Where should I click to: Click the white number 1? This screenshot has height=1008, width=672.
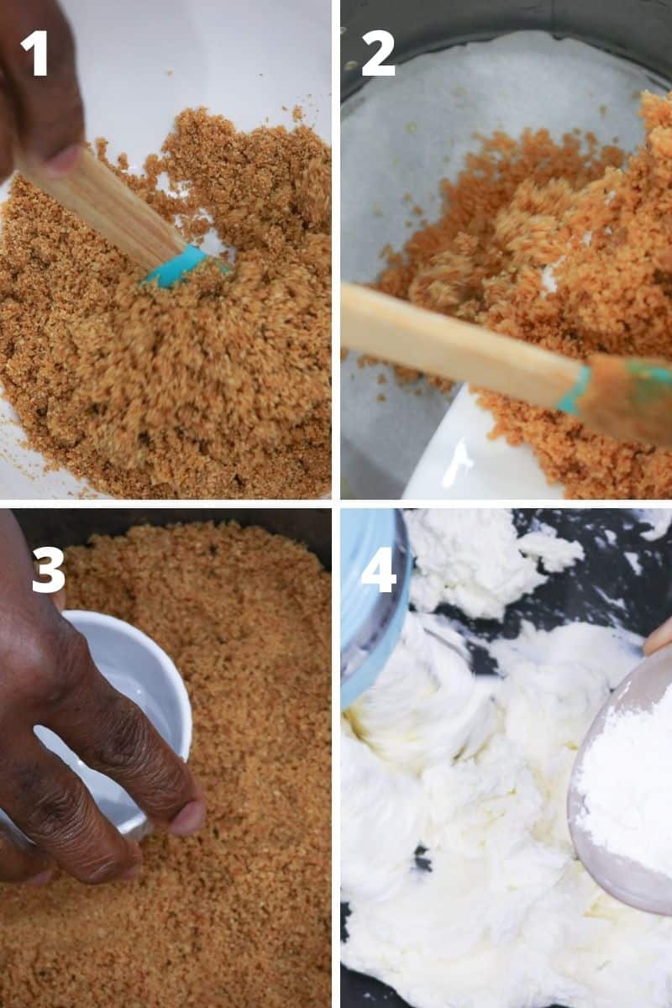[35, 54]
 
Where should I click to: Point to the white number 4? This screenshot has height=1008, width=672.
[378, 570]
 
